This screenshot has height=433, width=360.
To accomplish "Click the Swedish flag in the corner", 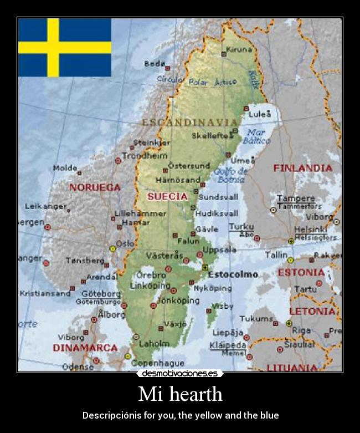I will [64, 47].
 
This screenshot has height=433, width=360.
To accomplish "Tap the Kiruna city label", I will [239, 49].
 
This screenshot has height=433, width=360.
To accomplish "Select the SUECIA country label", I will [167, 196].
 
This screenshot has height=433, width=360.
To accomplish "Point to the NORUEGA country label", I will [95, 187].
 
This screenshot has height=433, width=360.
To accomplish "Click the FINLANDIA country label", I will [302, 167].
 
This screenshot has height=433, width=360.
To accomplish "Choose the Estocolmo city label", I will [233, 274].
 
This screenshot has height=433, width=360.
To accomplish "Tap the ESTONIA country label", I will [301, 273].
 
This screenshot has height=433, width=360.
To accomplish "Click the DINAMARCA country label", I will [85, 348].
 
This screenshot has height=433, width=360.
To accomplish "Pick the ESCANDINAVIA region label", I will [190, 122].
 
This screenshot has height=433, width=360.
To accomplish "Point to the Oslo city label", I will [125, 243].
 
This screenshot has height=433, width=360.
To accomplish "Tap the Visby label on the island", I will [223, 305].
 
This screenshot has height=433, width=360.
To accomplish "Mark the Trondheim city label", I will [145, 156].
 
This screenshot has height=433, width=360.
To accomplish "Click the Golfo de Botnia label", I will [231, 175].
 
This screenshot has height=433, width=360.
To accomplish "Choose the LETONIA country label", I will [312, 311].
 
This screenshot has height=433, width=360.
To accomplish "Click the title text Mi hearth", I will [180, 394].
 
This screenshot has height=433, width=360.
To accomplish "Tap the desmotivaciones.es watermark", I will [179, 374].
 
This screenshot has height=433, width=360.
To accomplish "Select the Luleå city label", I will [260, 114].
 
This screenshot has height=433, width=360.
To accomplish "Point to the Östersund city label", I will [189, 165].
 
